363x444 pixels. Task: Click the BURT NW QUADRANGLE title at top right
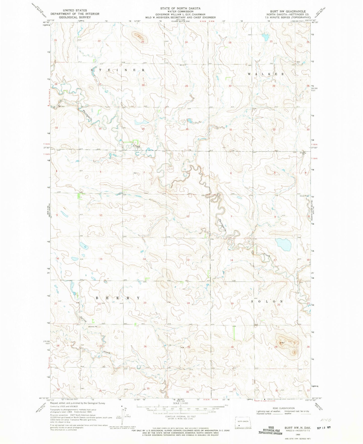click(284, 11)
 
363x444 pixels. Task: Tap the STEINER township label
click(118, 70)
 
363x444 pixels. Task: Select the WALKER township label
click(266, 74)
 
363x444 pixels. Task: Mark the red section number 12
click(188, 216)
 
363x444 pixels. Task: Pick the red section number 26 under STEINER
click(143, 85)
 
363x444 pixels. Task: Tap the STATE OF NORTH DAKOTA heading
click(180, 8)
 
